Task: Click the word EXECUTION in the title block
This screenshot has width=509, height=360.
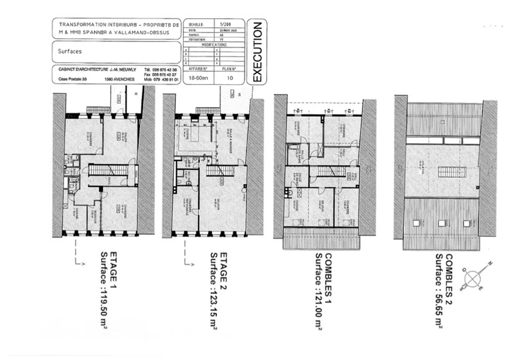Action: coord(257,52)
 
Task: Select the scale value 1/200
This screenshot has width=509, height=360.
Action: coord(225,24)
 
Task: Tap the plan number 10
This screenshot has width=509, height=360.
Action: coord(230,78)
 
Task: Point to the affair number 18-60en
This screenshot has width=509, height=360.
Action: coord(198,78)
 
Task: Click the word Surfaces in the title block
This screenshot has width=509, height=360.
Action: coord(70,51)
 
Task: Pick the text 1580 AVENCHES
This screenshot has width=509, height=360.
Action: coord(119,79)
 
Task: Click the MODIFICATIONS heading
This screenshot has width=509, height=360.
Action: coord(214,45)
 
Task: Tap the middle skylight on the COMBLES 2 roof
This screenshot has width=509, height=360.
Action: coord(441,223)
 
